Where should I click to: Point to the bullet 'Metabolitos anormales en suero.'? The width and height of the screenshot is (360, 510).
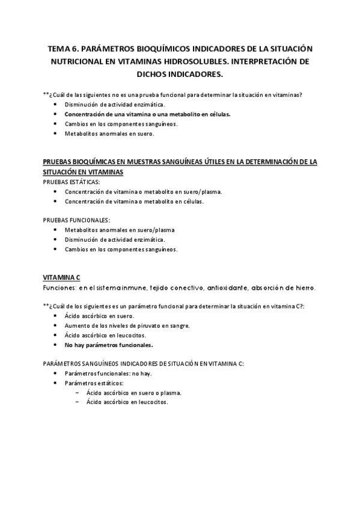tap(109, 134)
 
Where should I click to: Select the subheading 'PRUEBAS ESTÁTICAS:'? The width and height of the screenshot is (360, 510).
tap(72, 182)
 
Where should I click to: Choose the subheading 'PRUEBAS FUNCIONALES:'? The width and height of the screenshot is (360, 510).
tap(76, 220)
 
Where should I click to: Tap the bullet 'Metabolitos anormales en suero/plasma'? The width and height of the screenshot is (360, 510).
tap(120, 230)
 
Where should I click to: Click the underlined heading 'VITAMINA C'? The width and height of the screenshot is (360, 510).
tap(61, 277)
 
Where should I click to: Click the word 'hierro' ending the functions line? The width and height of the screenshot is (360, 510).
tap(303, 287)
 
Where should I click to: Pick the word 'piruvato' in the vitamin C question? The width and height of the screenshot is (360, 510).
tap(148, 325)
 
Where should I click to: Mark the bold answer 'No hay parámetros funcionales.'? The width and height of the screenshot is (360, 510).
tap(109, 345)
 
